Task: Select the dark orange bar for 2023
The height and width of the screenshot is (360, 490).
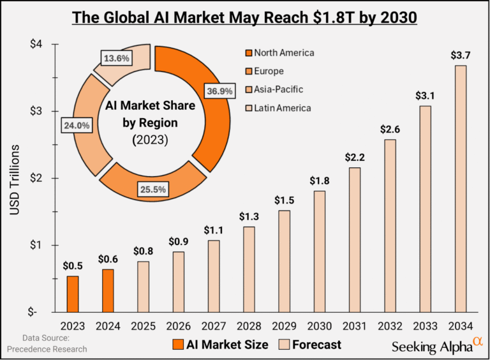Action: [73, 294]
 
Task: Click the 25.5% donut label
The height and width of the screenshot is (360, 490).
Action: [157, 189]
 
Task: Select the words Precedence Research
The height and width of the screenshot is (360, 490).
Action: [47, 349]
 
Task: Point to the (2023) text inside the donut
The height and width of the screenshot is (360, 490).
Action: [150, 139]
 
